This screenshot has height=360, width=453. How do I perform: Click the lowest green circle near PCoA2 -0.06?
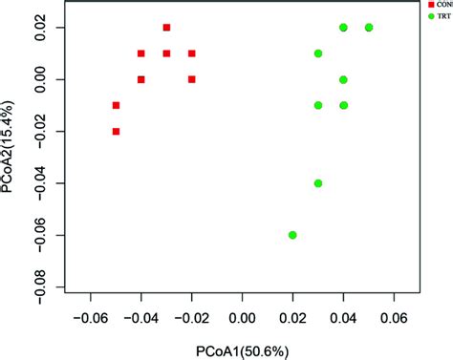292,235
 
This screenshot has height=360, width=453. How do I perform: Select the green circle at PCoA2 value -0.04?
318,183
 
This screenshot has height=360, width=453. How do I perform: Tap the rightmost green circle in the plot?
369,28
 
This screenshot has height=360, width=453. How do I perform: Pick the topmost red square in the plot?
166,28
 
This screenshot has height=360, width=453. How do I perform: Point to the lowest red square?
116,131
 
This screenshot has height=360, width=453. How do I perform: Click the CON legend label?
442,5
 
